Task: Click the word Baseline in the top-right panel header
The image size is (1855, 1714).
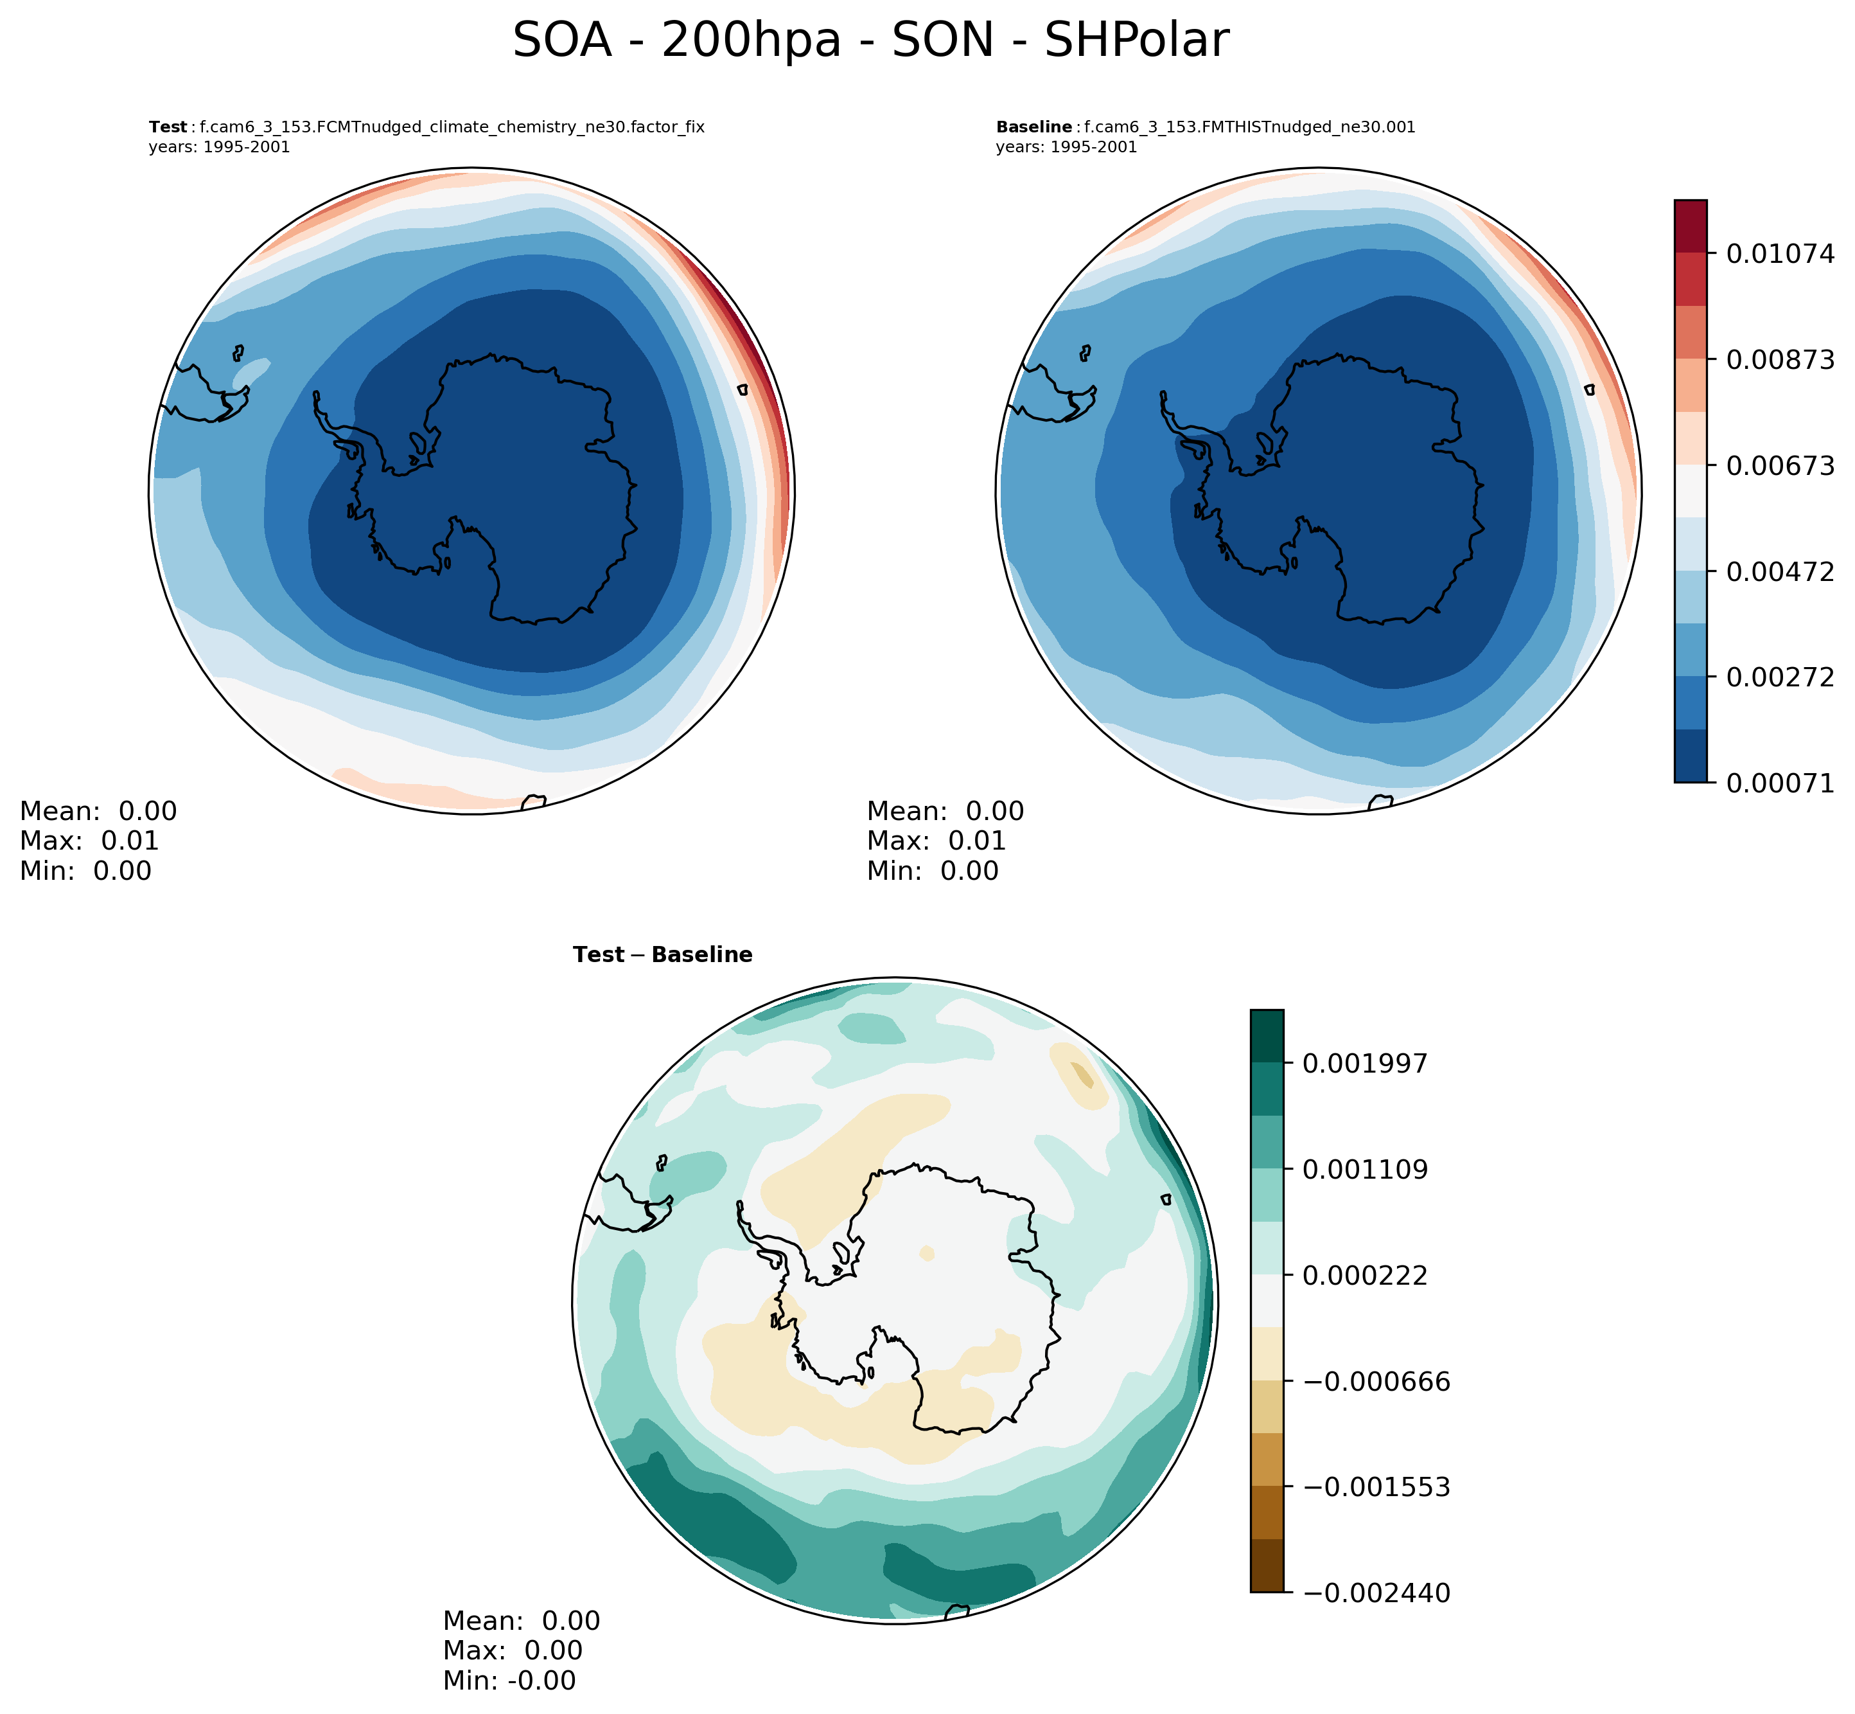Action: point(1033,128)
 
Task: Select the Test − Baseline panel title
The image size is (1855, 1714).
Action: point(663,955)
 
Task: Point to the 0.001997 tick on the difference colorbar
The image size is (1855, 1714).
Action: point(1365,1064)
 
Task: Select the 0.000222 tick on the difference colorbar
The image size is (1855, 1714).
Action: point(1365,1275)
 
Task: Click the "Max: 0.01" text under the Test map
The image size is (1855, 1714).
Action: point(89,841)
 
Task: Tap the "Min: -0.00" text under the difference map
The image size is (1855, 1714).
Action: point(509,1681)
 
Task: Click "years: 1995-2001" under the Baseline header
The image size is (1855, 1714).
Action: point(1066,147)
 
